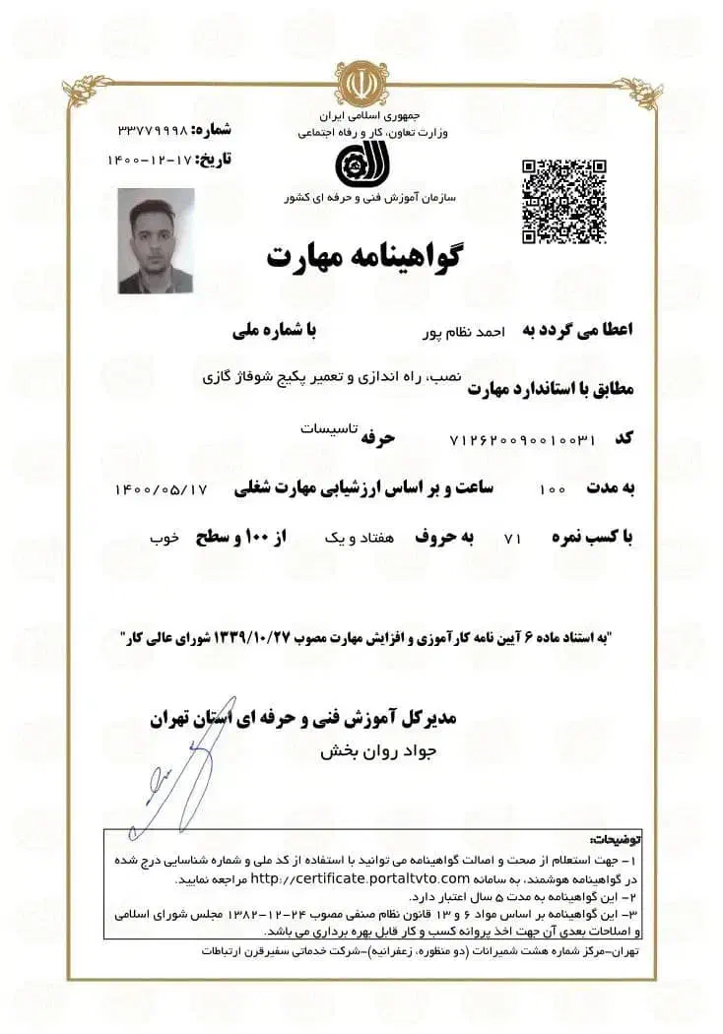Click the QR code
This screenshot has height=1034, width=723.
coord(563,200)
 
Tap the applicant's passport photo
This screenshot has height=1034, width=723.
coord(156,242)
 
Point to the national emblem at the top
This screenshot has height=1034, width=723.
coord(361,84)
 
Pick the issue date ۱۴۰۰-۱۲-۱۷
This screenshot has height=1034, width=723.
coord(151,158)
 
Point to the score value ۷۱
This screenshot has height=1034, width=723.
coord(511,540)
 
